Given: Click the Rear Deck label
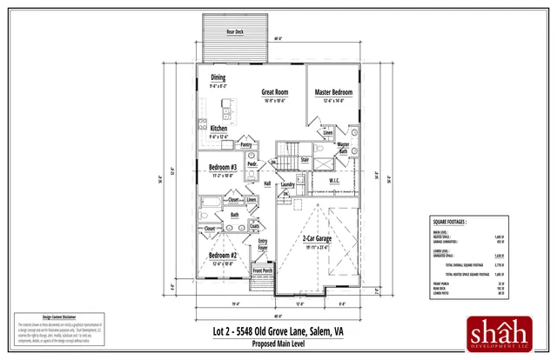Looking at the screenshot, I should pos(235,31).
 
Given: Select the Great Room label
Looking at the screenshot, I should pos(276,91).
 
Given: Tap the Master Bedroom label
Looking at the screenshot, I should pos(333,91).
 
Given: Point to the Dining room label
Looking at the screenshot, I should pos(218,78).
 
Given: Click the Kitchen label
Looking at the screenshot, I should pos(218,128).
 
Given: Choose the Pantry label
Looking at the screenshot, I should pos(245,145).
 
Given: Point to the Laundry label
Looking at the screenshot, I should pos(287,184).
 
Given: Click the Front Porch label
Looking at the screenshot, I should pos(263,270).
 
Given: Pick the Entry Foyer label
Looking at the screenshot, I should pos(263,243).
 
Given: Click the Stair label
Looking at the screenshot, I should pos(305,160).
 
